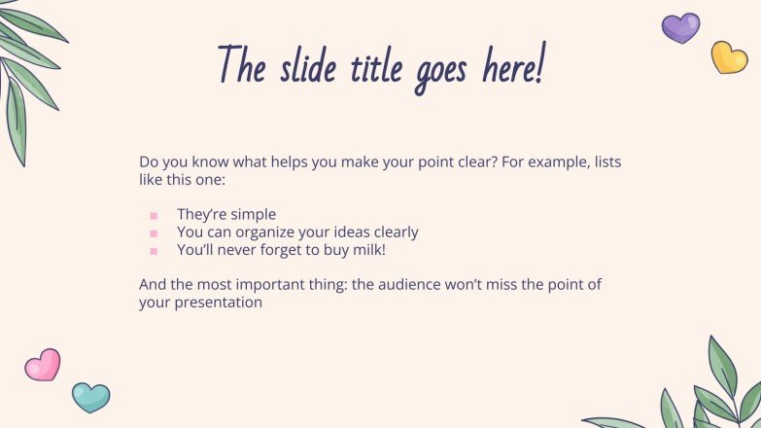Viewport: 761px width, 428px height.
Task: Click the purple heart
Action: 680,27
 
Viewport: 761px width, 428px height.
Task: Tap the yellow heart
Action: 729,56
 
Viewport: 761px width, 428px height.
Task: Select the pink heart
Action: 43,366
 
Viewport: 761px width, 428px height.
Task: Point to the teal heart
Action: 90,396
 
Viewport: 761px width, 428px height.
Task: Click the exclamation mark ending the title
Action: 539,64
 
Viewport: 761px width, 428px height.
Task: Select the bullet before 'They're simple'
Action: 154,215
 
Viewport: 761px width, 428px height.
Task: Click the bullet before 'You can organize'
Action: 154,233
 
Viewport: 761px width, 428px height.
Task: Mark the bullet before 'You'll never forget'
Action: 154,251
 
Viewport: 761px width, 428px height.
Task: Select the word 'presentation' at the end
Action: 219,303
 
